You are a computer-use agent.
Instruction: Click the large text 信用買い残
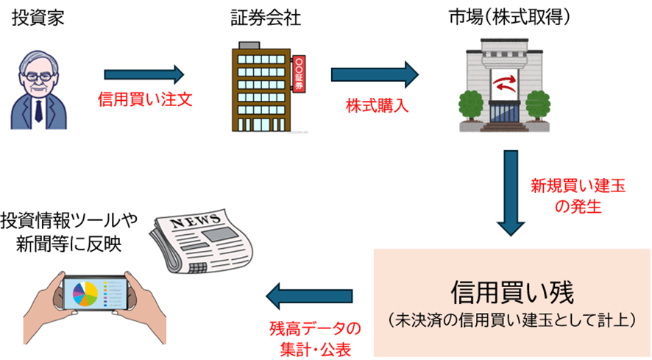click(511, 290)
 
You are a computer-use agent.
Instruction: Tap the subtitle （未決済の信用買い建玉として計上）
click(512, 320)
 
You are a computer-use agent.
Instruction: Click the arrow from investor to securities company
click(143, 74)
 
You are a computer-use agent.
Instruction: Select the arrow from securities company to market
click(374, 74)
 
